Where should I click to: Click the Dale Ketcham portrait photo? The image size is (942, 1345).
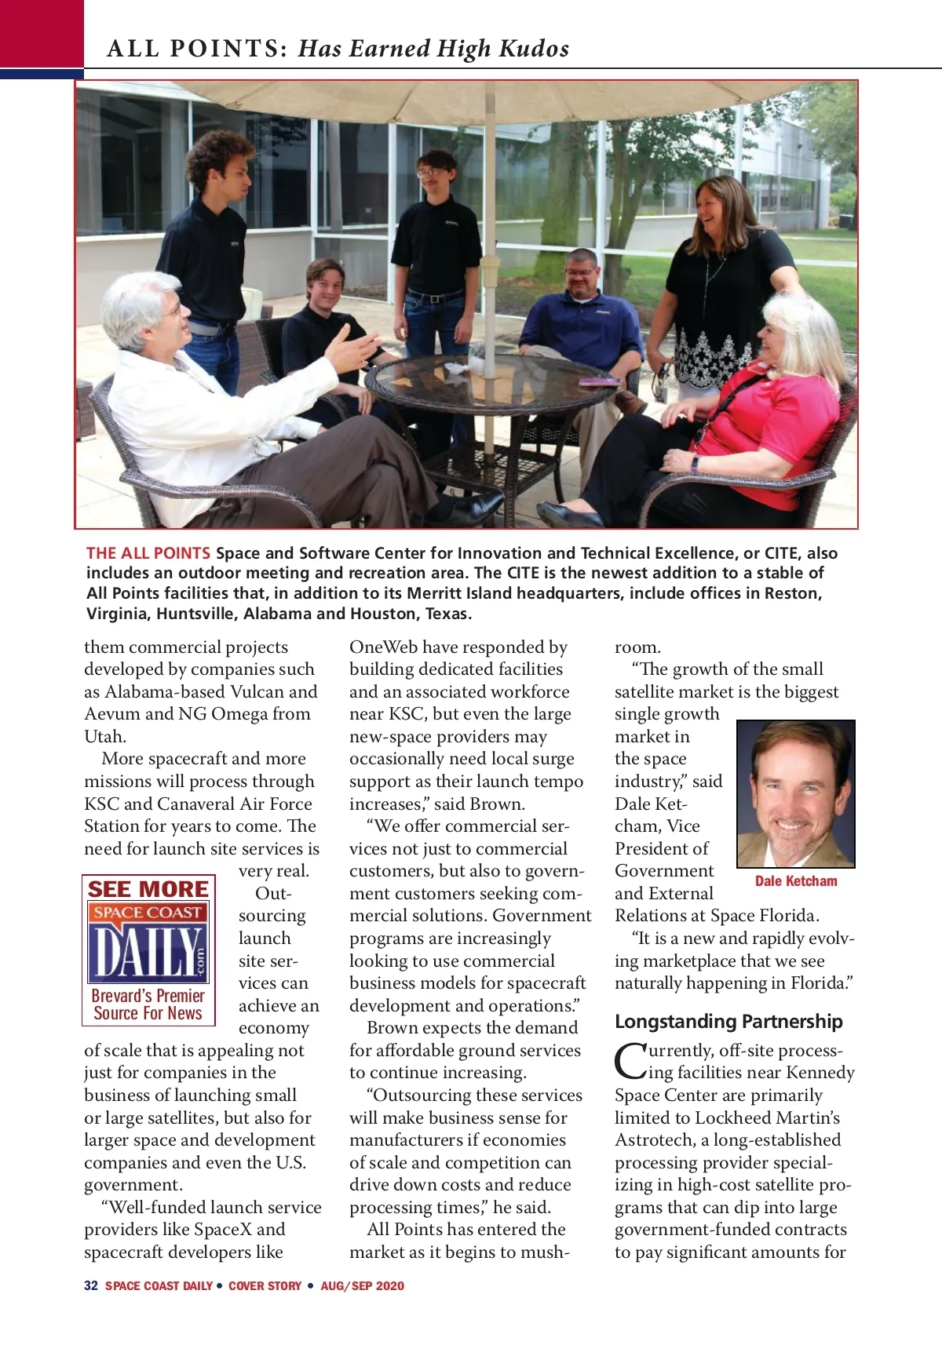pos(795,793)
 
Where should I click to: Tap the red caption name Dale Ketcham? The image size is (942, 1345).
pos(796,881)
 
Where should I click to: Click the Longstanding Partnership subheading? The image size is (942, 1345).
pos(728,1021)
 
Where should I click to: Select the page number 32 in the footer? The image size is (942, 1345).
pos(91,1285)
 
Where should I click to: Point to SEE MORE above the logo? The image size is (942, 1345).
pos(148,889)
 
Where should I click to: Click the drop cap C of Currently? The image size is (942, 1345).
pos(628,1060)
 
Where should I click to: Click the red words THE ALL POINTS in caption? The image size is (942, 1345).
pos(148,552)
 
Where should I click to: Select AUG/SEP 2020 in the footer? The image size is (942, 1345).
pos(362,1285)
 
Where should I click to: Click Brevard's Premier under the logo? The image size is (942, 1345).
pos(148,996)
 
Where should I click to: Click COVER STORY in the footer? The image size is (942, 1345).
pos(265,1285)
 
